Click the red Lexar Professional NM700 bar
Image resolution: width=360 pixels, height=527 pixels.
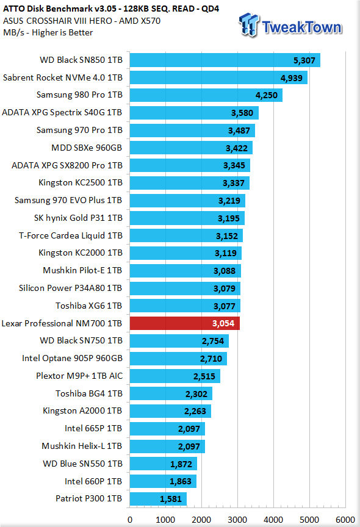click(x=184, y=323)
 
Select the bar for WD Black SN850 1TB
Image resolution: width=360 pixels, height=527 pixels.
click(x=225, y=60)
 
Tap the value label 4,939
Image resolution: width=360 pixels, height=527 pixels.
click(x=292, y=78)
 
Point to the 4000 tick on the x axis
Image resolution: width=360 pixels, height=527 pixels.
click(x=273, y=520)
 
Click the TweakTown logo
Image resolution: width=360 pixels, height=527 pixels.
click(x=290, y=25)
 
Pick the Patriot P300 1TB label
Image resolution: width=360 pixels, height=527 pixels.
click(x=88, y=498)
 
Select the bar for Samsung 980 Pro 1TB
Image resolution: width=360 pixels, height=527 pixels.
click(x=206, y=95)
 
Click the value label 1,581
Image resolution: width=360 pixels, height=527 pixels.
click(x=171, y=499)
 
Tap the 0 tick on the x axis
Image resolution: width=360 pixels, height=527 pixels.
click(x=130, y=520)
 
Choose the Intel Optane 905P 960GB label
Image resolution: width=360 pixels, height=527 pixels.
click(x=72, y=358)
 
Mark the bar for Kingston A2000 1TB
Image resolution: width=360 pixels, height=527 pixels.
click(x=170, y=411)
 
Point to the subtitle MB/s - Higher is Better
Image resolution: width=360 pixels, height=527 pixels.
click(x=48, y=32)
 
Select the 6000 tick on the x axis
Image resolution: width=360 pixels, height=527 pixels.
click(x=345, y=520)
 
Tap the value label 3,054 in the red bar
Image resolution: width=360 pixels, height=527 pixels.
click(x=223, y=323)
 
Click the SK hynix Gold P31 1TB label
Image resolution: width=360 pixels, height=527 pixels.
click(x=78, y=218)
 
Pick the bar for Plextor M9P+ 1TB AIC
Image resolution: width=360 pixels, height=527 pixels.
click(x=175, y=376)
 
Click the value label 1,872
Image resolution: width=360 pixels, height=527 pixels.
click(x=181, y=464)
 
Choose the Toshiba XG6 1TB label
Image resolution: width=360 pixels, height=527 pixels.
click(x=88, y=306)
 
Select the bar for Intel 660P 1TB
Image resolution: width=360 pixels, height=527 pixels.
click(x=163, y=481)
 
